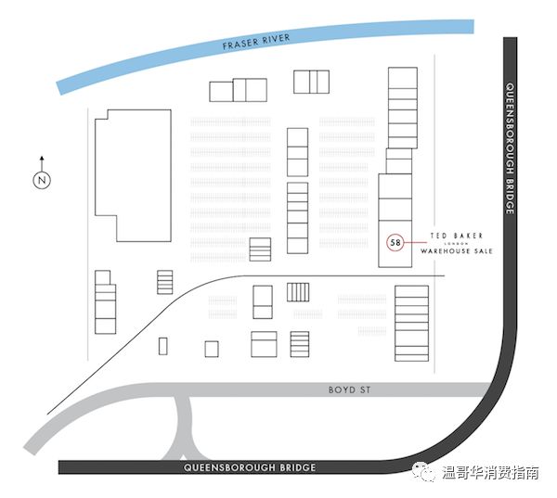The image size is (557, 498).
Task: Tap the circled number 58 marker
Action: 395,243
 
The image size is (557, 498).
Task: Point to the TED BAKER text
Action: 457,236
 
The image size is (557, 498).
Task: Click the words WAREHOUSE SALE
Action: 456,251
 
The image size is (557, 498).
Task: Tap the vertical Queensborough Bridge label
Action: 510,148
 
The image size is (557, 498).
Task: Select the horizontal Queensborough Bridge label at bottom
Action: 250,467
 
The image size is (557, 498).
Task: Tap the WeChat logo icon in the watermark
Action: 423,473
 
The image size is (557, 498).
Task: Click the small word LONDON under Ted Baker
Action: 456,244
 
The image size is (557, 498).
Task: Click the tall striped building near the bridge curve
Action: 411,324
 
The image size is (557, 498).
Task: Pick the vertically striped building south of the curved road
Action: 297,292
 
